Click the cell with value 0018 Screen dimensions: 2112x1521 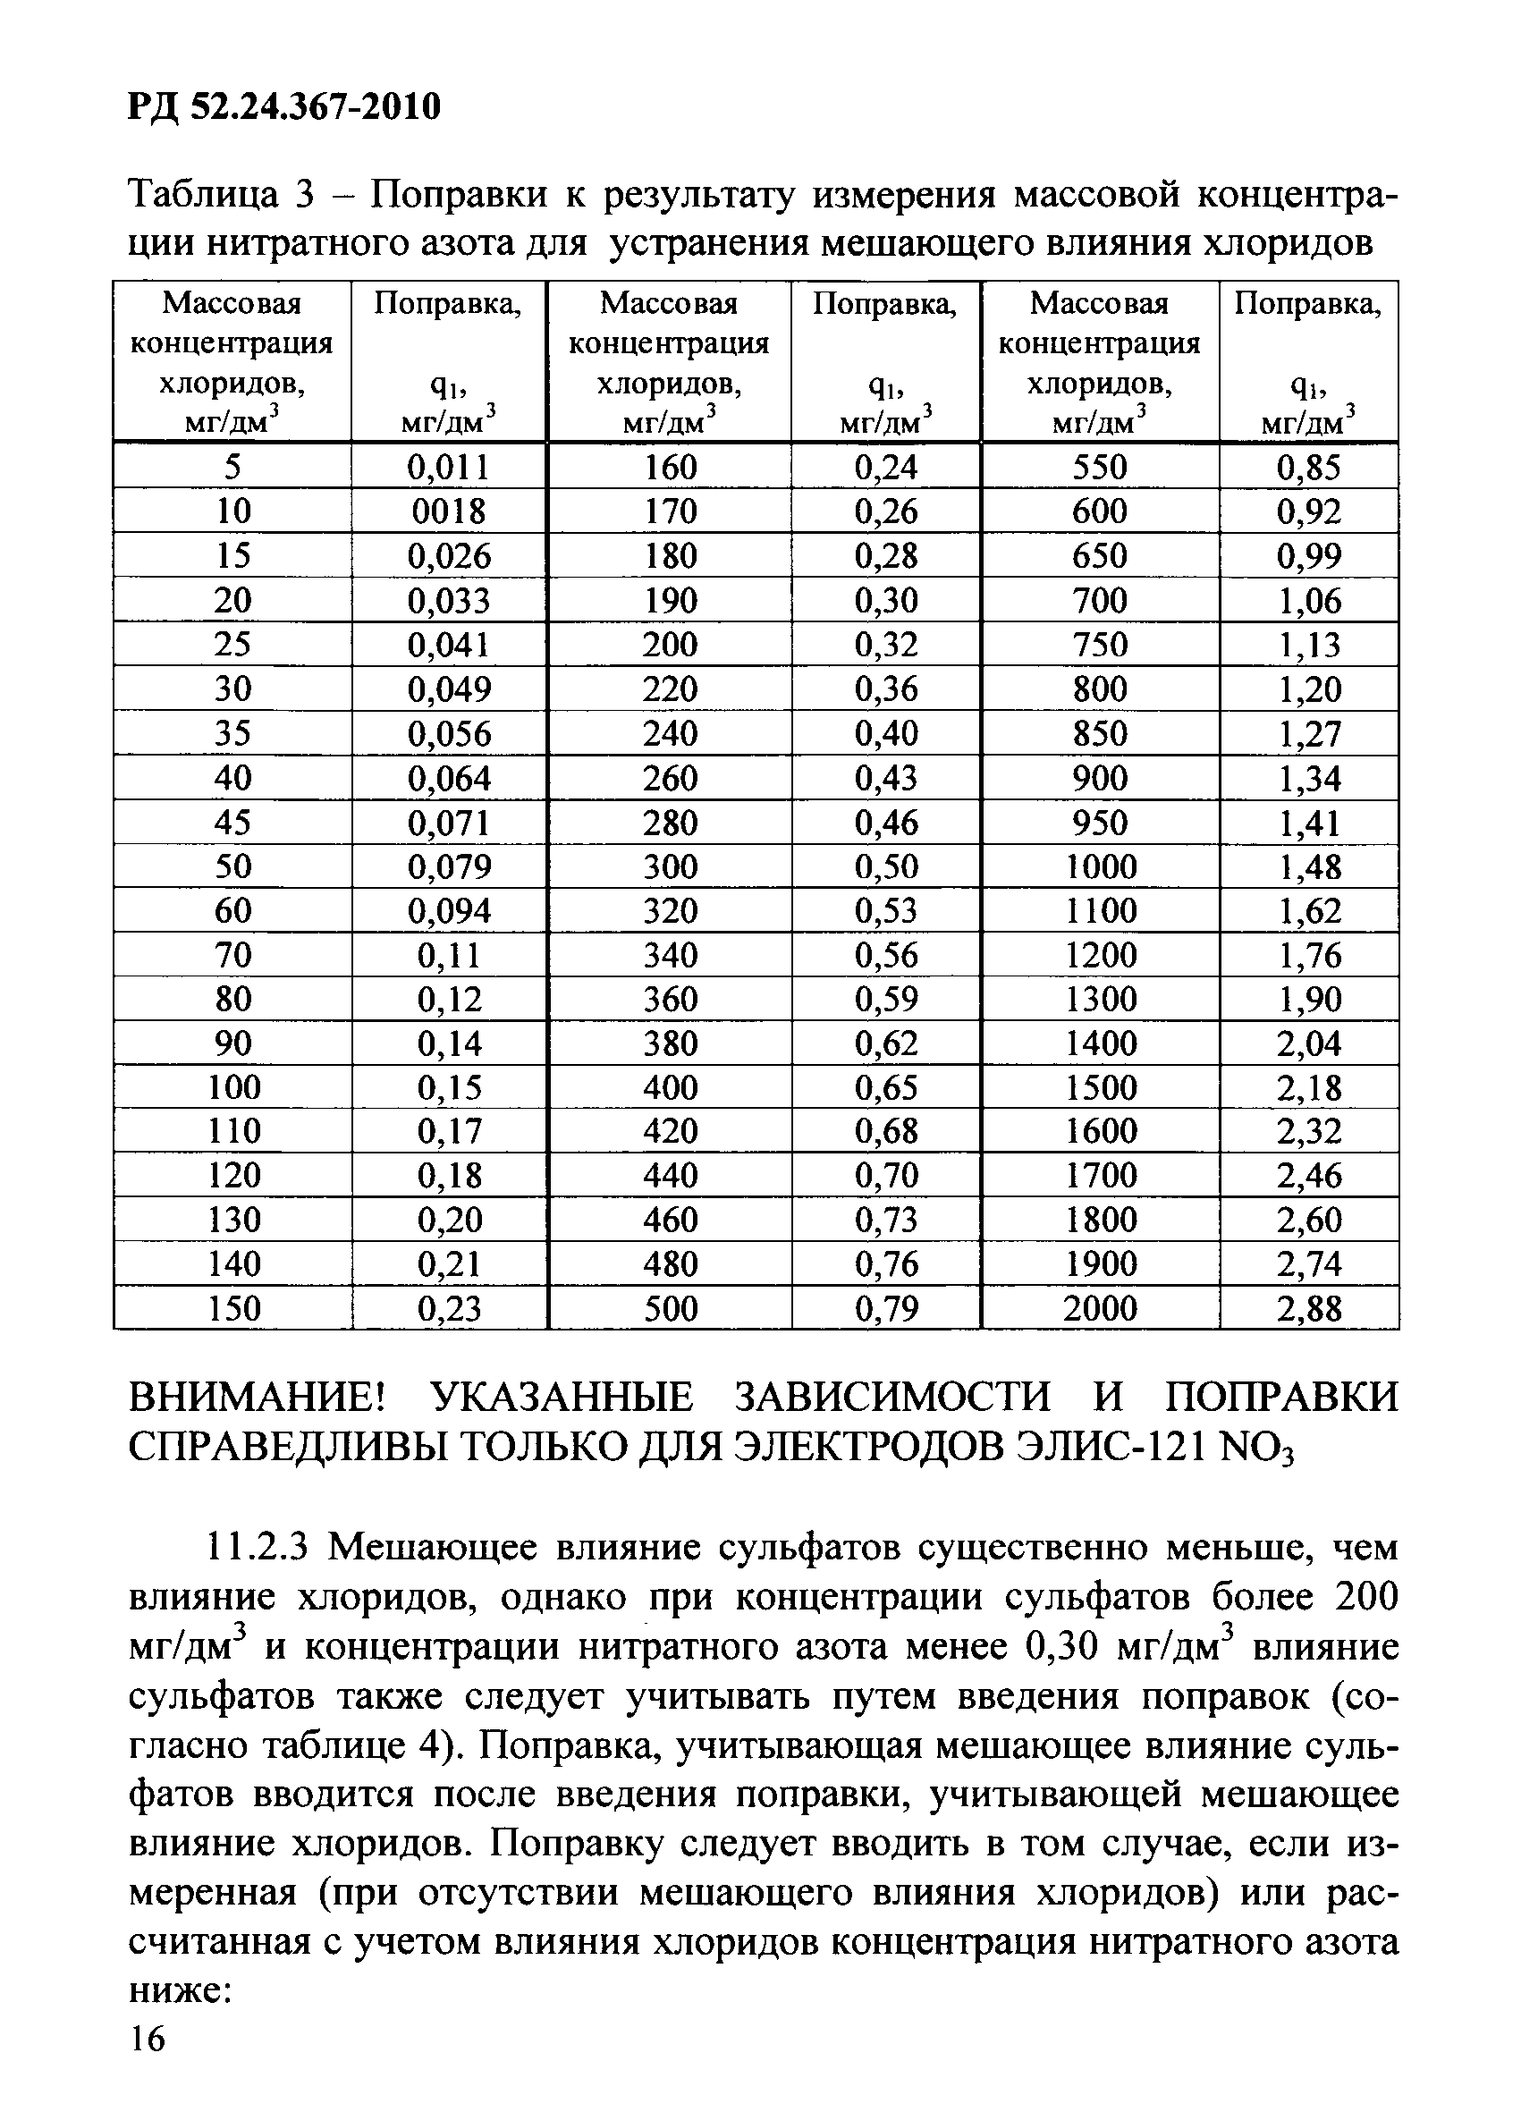(449, 511)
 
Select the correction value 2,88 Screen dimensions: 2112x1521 (1309, 1309)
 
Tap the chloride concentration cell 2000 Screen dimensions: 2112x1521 (1100, 1309)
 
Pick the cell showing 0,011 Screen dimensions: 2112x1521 (449, 467)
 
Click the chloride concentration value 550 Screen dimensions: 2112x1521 (1100, 467)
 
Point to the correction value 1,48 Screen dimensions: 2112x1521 (1309, 867)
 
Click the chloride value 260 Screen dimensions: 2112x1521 (670, 779)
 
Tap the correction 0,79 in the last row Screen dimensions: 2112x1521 (886, 1309)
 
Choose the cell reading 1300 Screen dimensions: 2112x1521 (1100, 999)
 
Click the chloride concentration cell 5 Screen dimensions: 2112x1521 (232, 467)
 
